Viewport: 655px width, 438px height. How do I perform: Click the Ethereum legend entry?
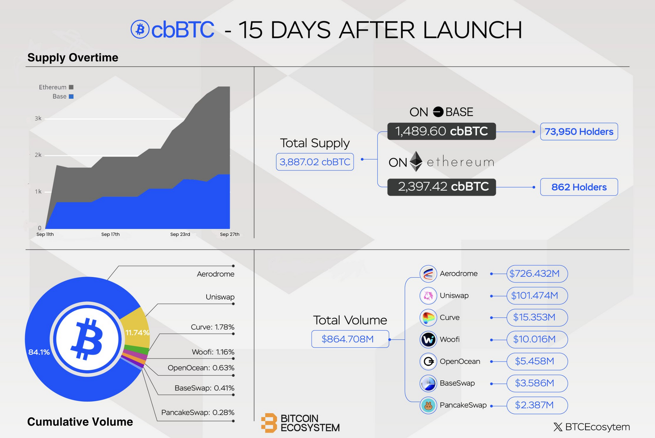56,87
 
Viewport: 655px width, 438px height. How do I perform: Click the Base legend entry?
63,96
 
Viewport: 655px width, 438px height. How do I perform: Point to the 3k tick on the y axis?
38,119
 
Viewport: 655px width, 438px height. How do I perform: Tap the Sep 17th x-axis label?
110,234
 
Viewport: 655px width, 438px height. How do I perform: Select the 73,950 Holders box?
579,132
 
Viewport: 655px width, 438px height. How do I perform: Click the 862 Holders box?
579,187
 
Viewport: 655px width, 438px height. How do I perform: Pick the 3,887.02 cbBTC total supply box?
315,162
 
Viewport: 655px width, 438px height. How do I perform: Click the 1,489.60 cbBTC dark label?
441,131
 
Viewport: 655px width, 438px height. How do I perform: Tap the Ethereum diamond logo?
416,161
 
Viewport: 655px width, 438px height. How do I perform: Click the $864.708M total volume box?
350,339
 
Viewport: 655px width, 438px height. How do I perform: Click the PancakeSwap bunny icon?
428,405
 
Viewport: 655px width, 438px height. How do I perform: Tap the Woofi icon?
428,339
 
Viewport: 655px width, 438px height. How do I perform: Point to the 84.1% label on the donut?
39,352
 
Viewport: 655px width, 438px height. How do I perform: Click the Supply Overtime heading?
73,58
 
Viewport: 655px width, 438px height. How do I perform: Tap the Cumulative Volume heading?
80,422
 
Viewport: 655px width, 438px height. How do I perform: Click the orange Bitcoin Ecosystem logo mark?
269,423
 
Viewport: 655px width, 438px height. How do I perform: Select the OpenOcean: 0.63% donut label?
201,368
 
